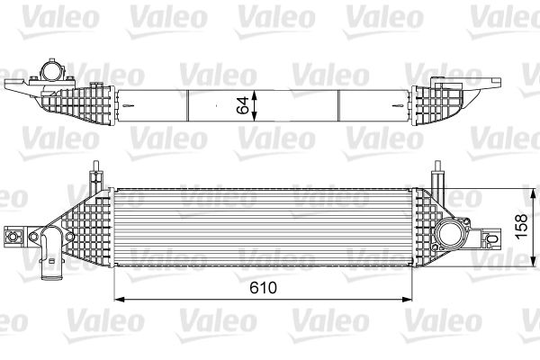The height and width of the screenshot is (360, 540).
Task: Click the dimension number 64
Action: tap(242, 103)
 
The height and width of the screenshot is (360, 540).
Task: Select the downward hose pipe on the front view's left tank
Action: tap(48, 252)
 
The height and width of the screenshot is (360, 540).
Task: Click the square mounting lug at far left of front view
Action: tap(14, 237)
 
